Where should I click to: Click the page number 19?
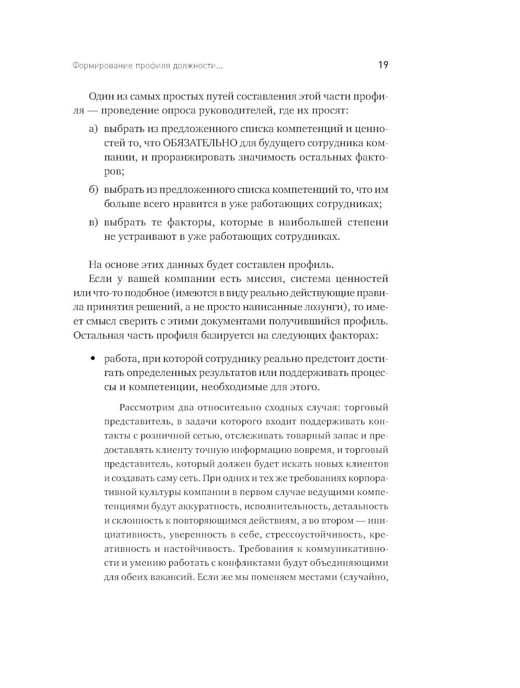click(383, 65)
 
